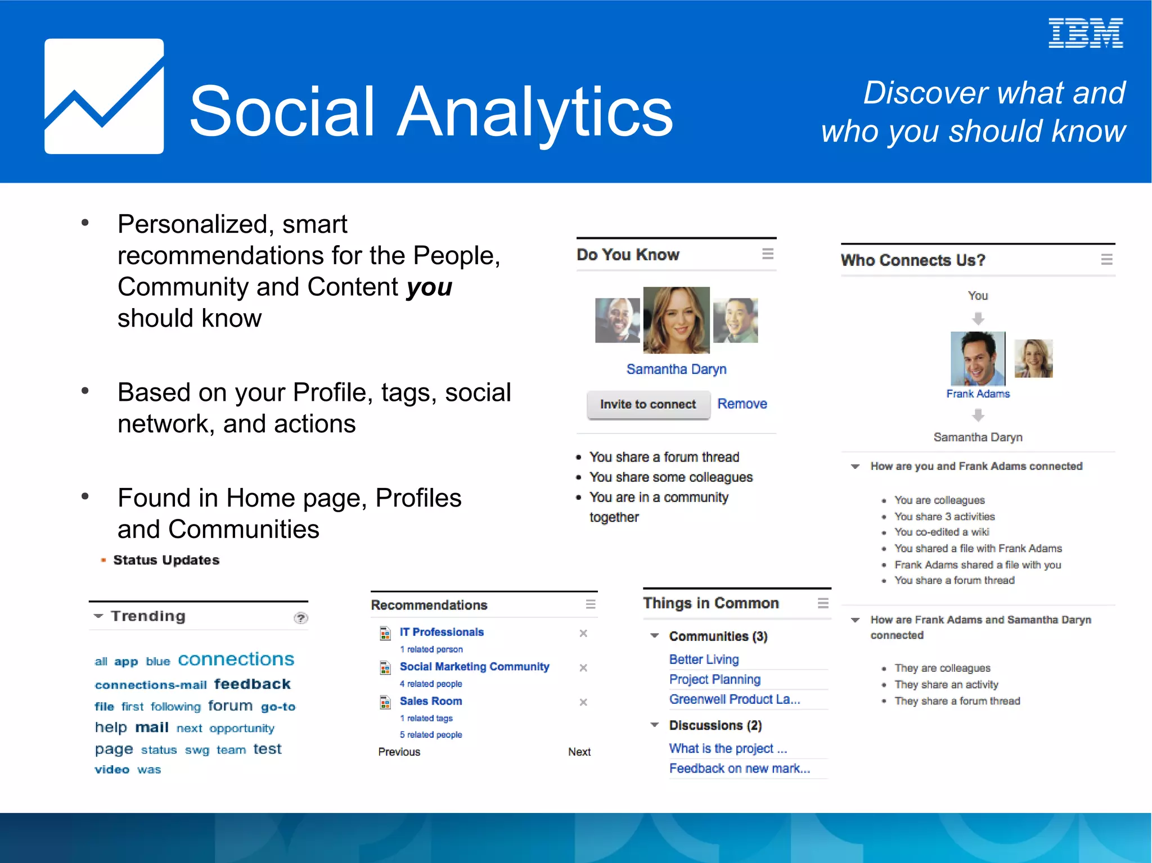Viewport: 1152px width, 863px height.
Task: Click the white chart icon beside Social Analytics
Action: [104, 96]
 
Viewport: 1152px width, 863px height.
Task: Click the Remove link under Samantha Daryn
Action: [741, 404]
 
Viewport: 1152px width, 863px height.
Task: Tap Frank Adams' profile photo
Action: [977, 358]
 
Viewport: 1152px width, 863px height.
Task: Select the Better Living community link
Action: [703, 659]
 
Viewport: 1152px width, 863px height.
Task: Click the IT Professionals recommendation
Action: [441, 632]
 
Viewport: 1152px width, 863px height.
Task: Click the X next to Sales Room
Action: [583, 702]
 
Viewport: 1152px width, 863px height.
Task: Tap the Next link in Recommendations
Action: [579, 752]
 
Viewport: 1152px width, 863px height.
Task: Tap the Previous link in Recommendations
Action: [399, 752]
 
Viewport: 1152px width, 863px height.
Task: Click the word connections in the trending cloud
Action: [236, 659]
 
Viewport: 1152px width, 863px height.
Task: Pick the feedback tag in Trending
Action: [252, 684]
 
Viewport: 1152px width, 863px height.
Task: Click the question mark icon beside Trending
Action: [301, 618]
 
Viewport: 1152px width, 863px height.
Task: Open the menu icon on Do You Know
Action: [767, 254]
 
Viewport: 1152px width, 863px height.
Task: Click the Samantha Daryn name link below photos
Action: [676, 369]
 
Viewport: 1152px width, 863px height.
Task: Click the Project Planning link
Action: [714, 679]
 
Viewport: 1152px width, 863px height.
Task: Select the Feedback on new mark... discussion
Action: [739, 768]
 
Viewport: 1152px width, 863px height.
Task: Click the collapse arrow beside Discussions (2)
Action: [654, 725]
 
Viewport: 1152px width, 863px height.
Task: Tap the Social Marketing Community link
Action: [474, 666]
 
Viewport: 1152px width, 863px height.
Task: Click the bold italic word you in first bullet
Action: [429, 287]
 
